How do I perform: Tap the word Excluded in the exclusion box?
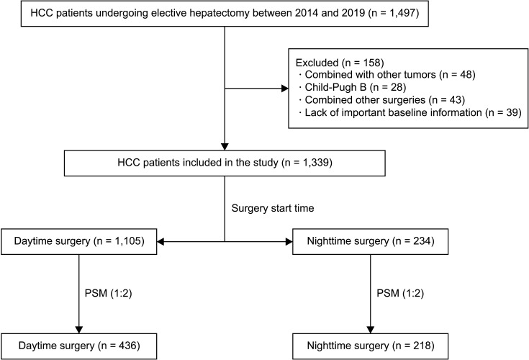[x=317, y=63]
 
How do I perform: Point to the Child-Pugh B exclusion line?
[x=352, y=87]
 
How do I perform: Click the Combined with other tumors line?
[x=387, y=75]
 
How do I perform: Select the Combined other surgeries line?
[x=381, y=100]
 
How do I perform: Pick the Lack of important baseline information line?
[x=410, y=112]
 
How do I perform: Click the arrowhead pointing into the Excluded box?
[x=285, y=89]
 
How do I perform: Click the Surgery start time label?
[x=273, y=208]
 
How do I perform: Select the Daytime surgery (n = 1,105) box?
[x=79, y=242]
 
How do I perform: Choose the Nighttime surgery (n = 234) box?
[x=371, y=242]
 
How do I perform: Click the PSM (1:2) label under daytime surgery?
[x=108, y=293]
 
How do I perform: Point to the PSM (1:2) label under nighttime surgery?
[x=400, y=293]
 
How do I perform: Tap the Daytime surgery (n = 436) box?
[x=79, y=346]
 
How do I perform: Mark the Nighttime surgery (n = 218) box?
[x=371, y=346]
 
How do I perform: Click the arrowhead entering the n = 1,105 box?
[x=161, y=242]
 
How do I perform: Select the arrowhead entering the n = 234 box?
[x=289, y=242]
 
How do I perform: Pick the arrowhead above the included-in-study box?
[x=225, y=146]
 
